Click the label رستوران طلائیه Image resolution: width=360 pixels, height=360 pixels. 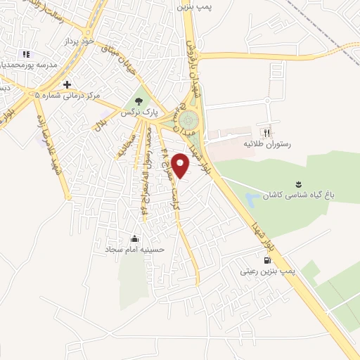click(x=266, y=143)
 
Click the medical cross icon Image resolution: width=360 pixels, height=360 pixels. click(x=67, y=84)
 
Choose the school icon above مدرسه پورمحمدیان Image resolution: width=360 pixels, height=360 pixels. click(x=26, y=53)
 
